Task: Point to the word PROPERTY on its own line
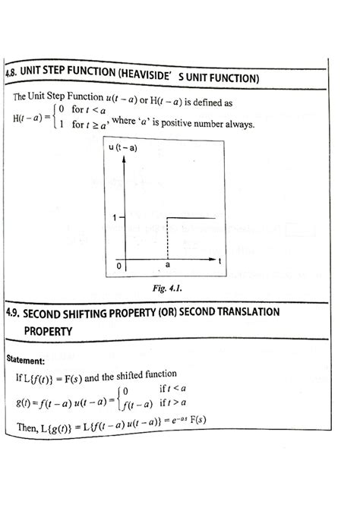(49, 331)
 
